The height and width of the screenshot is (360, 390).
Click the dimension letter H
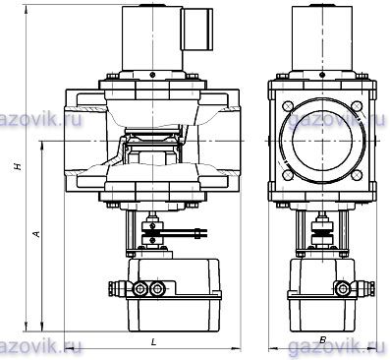[18, 166]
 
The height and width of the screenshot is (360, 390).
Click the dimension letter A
[36, 233]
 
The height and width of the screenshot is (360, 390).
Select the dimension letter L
[153, 342]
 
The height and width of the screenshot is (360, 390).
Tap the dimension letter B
[322, 340]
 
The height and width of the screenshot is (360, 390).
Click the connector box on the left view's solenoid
[198, 30]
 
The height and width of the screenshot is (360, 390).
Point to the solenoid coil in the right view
[322, 37]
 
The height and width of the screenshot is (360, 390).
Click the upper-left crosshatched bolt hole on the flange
[288, 106]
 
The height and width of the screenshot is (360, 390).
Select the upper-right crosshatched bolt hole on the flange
[357, 106]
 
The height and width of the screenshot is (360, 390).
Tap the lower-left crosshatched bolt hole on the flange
[288, 175]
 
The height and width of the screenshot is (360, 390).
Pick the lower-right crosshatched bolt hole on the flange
[357, 175]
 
